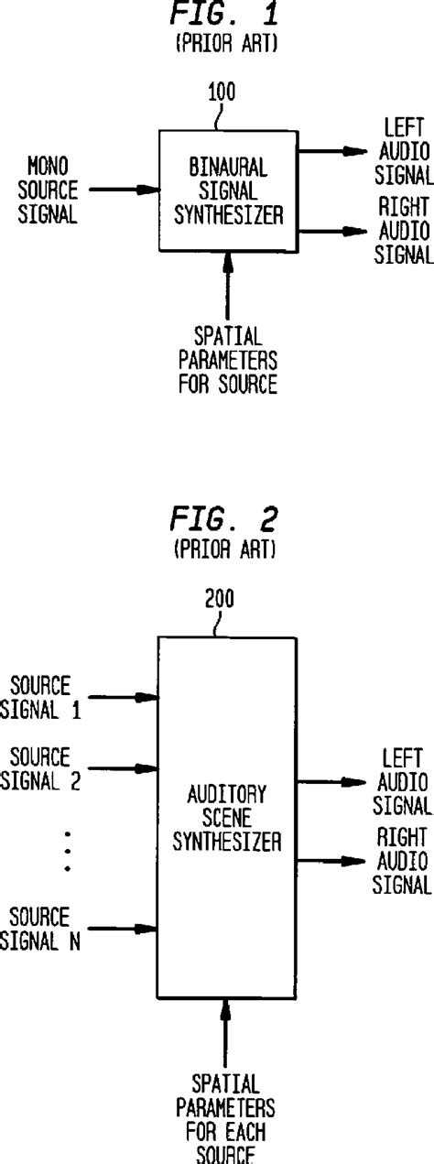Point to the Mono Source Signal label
pos(52,190)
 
